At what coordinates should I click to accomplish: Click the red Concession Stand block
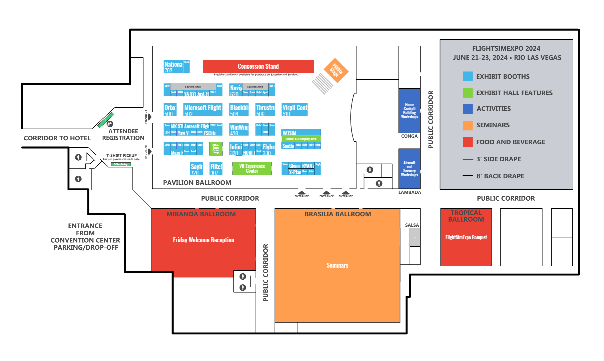point(258,66)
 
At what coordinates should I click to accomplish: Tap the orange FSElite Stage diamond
point(336,70)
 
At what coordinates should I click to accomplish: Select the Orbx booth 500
point(170,109)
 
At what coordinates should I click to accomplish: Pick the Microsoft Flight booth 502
point(203,109)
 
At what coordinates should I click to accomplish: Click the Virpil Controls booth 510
point(294,109)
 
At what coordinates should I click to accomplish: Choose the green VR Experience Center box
point(252,168)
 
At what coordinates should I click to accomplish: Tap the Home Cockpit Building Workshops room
point(409,111)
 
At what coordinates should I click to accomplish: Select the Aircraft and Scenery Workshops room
point(409,169)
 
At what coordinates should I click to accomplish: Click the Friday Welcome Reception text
point(203,240)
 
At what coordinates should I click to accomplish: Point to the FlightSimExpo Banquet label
point(466,237)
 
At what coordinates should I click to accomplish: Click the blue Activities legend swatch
point(468,109)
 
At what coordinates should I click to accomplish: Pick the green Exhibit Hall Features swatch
point(468,93)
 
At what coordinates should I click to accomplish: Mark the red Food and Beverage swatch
point(468,142)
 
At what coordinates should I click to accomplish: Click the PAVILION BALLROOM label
point(197,183)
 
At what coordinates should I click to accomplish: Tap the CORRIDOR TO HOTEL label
point(57,138)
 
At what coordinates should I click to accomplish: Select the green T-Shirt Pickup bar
point(121,164)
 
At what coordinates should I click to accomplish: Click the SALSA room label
point(412,225)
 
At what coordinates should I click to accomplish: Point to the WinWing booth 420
point(239,129)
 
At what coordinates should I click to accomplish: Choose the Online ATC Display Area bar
point(301,139)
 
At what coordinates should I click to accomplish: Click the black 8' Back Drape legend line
point(468,176)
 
